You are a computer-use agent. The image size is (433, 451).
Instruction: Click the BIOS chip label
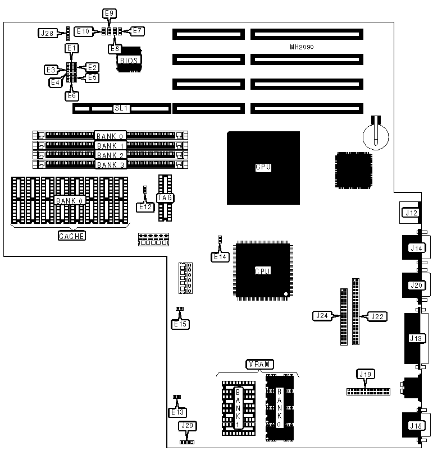129,60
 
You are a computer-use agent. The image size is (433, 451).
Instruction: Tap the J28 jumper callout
48,33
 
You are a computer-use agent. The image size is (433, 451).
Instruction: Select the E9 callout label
110,13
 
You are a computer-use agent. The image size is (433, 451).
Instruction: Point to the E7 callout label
138,31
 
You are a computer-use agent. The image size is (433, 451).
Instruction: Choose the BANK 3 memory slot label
110,165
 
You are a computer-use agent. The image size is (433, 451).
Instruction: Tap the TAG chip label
164,197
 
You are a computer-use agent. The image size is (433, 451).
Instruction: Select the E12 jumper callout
145,207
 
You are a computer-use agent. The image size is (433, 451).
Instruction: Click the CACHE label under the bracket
72,236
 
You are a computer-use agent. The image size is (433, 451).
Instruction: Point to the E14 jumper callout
220,257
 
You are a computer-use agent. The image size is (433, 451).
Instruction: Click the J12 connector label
412,213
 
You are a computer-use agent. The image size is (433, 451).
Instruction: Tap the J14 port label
417,248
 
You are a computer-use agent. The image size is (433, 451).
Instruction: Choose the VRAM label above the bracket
259,365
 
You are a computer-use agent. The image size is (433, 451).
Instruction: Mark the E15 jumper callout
180,324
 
